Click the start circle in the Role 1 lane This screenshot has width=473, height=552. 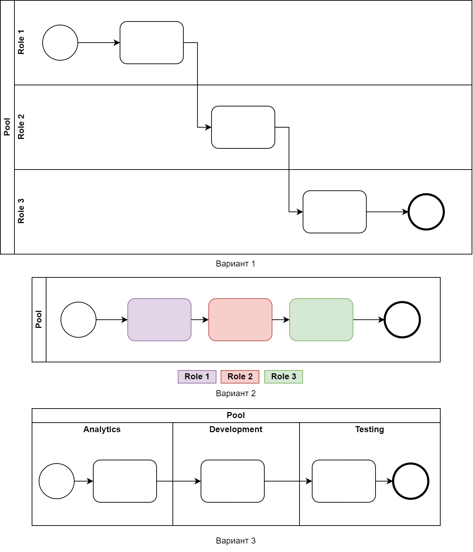tap(60, 43)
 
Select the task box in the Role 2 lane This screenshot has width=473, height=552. tap(243, 127)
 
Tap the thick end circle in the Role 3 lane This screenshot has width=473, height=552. tap(426, 212)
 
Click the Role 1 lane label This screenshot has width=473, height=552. tap(21, 42)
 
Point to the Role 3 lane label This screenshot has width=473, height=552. tap(21, 211)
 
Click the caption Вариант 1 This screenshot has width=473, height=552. tap(235, 264)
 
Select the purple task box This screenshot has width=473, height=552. tap(159, 320)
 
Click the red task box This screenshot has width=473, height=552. tap(240, 320)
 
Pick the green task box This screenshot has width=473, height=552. tap(321, 320)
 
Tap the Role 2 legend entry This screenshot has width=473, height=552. tap(240, 376)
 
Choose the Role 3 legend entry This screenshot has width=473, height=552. tap(284, 376)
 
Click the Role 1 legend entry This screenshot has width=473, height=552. tap(197, 376)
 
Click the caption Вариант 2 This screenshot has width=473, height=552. tap(235, 393)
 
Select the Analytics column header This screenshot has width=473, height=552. tap(102, 429)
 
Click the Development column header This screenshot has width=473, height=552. tap(236, 429)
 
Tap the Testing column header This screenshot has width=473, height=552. tap(370, 429)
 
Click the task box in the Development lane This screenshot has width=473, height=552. tap(232, 481)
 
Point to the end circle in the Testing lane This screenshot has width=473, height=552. tap(410, 481)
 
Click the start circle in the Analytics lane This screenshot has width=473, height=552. tap(57, 481)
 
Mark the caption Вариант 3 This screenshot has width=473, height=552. tap(235, 541)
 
